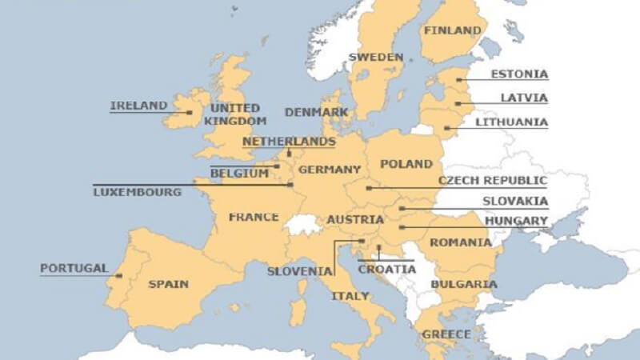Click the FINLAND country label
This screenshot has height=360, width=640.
453,31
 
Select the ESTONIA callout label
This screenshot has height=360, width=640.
519,74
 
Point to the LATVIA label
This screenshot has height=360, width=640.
524,98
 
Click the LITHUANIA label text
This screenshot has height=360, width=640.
512,122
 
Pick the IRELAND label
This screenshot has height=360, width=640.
139,106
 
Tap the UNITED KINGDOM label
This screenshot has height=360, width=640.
234,114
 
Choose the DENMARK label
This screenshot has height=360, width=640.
316,113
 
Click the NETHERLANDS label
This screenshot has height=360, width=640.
289,142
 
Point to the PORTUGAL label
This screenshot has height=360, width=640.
74,268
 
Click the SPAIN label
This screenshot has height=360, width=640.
169,284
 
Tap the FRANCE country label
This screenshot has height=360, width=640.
254,217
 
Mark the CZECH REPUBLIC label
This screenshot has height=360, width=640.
493,181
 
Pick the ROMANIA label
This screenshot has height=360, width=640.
461,242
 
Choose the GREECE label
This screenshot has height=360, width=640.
441,334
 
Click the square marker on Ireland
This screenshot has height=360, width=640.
190,113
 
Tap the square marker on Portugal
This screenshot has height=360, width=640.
118,276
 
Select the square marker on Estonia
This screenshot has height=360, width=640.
458,80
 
